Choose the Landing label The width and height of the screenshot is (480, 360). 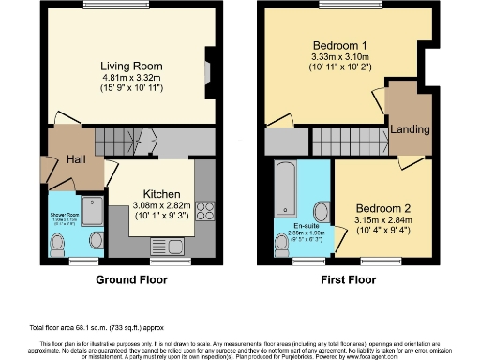coord(410,128)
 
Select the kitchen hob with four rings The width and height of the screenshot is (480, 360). coord(205,213)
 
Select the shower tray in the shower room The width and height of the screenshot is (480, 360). coord(94,209)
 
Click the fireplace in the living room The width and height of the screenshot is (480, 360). coord(208,71)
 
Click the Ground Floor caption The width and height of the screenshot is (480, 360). coord(132,279)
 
